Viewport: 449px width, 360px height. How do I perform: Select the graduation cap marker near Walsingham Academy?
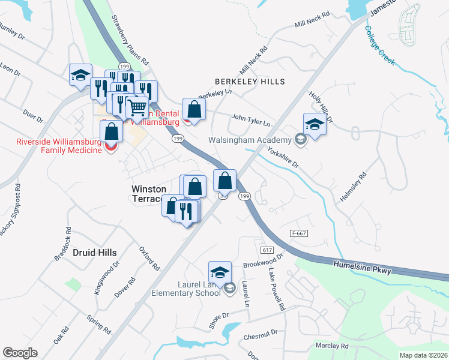pyautogui.click(x=315, y=124)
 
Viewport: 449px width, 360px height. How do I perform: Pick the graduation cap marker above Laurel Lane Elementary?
pyautogui.click(x=220, y=271)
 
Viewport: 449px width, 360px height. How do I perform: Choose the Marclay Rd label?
pyautogui.click(x=332, y=346)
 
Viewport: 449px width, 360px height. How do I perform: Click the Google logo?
pyautogui.click(x=20, y=353)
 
